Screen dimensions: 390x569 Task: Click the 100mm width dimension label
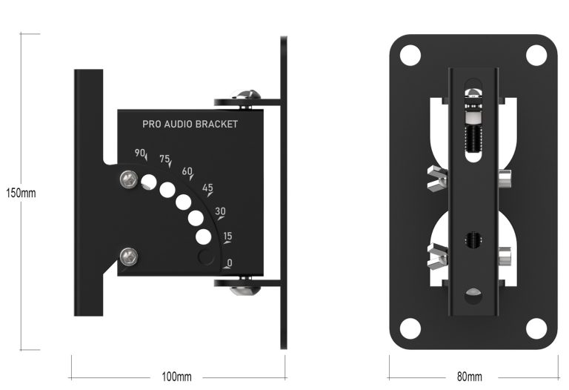click(x=176, y=377)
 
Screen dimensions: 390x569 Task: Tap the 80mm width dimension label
click(x=469, y=377)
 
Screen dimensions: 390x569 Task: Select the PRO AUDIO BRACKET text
click(x=190, y=125)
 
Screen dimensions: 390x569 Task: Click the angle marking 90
click(x=139, y=153)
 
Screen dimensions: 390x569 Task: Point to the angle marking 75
click(x=164, y=159)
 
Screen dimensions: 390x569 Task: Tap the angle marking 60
click(x=187, y=171)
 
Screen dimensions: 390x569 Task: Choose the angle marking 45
click(x=207, y=188)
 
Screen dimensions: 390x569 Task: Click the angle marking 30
click(x=220, y=211)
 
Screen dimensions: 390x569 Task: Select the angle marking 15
click(x=227, y=237)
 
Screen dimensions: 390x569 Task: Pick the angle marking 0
click(x=230, y=262)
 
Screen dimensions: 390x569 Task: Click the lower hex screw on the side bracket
click(x=129, y=257)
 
